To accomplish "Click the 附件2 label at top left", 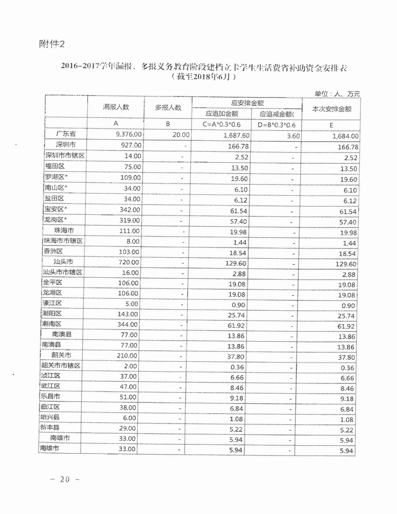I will [51, 44].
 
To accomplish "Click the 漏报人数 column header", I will [115, 107].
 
